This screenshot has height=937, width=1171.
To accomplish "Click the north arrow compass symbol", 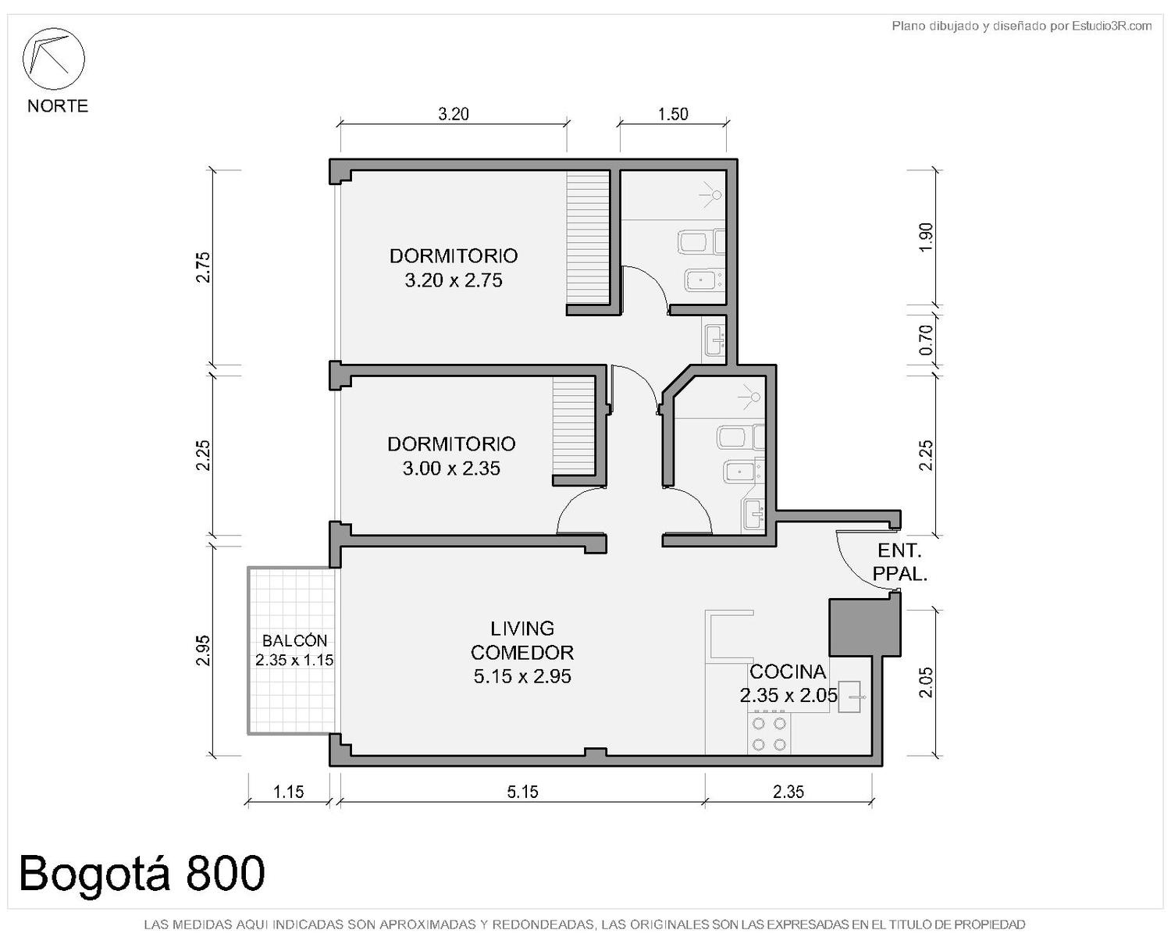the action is coord(53,59).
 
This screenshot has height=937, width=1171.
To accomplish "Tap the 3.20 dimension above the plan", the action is coord(454,114).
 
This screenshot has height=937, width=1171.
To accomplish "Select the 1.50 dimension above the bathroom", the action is coord(673,114).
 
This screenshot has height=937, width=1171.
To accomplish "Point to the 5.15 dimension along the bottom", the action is coord(522,792).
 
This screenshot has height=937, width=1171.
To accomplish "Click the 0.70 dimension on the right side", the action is coord(926,340).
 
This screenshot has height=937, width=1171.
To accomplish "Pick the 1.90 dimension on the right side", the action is coord(926,237).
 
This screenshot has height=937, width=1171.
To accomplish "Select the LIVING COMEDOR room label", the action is coord(522,652).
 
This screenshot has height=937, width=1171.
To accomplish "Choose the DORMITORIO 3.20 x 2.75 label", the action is coord(454,268).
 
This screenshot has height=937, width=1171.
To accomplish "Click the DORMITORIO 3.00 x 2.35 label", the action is coord(451,456).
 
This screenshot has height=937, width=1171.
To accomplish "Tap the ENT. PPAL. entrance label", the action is coord(899,562).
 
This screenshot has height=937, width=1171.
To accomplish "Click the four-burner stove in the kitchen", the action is coord(769,734).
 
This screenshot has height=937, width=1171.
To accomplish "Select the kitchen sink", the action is coord(849,697).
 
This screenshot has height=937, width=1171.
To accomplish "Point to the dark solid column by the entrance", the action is coord(863,627).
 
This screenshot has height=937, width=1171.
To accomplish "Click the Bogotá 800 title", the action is coord(142,873).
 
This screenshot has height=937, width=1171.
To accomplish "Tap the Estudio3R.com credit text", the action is coord(1021,26).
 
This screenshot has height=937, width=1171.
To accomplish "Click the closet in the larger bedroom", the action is coord(588,237).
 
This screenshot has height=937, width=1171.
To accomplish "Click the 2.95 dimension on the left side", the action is coord(203,650).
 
